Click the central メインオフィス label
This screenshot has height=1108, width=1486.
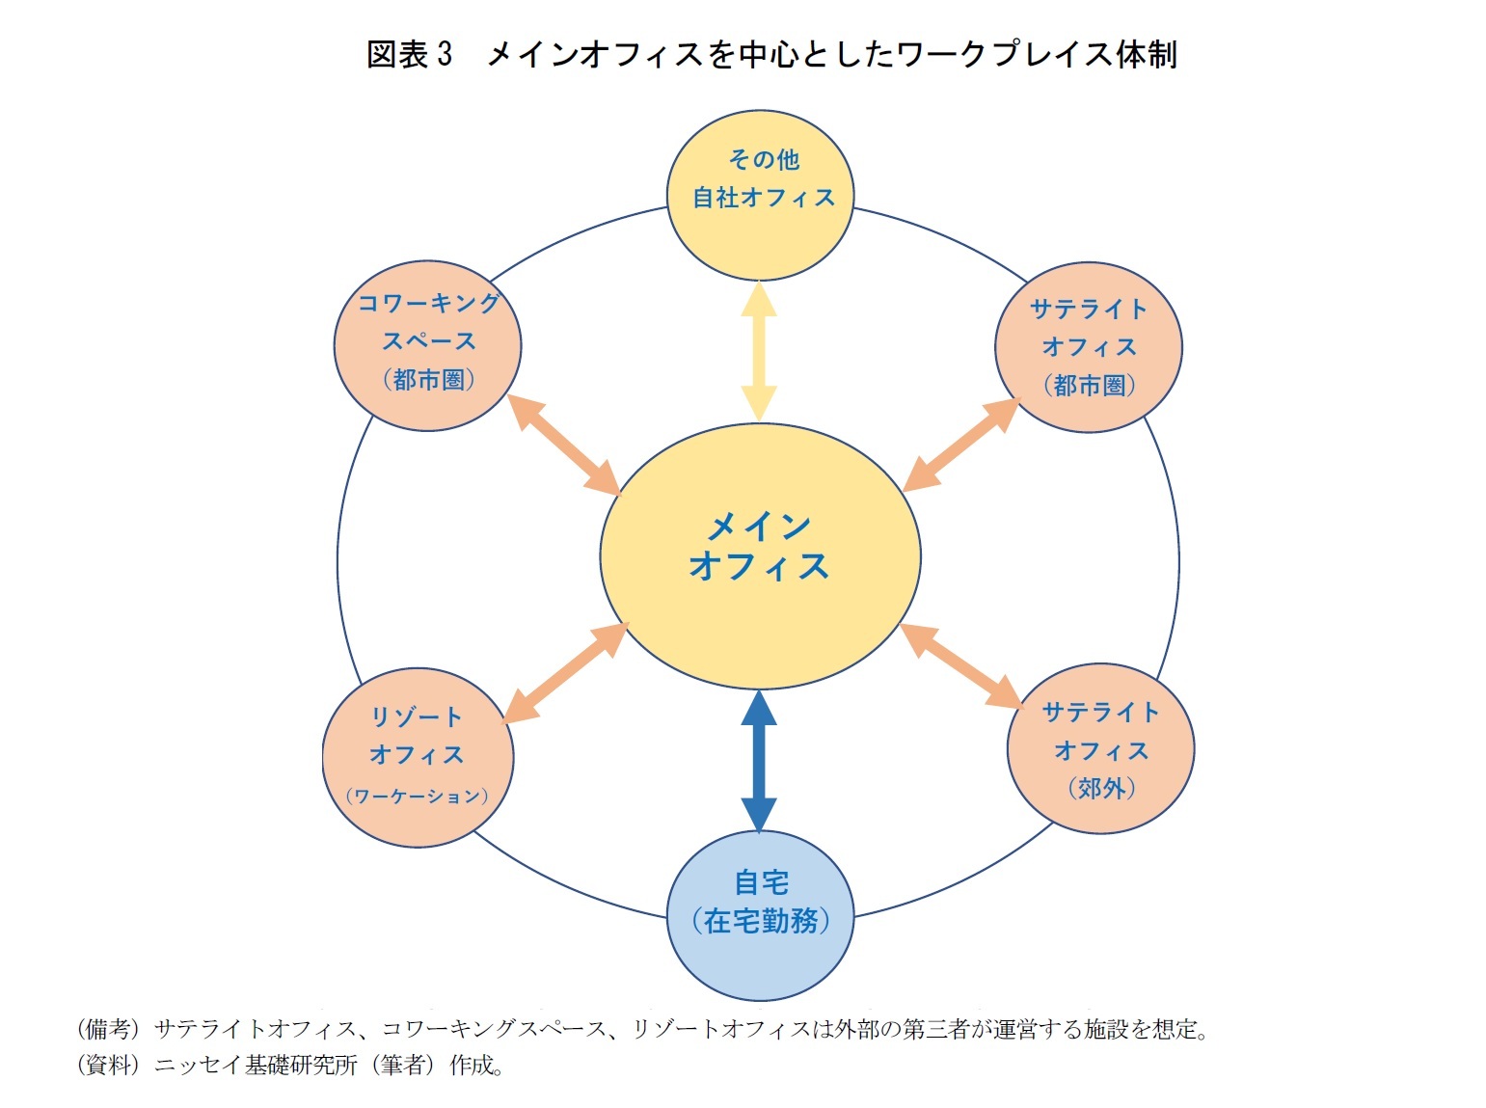coord(759,547)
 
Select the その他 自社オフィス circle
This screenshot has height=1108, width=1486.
coord(761,196)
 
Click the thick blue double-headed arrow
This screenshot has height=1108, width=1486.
coord(759,761)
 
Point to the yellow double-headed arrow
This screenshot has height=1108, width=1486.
coord(759,352)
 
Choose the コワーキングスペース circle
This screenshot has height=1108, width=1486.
coord(428,344)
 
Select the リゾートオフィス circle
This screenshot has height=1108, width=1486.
coord(418,757)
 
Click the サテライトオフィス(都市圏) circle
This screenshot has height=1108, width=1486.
coord(1089,346)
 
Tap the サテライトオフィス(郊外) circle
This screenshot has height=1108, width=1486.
coord(1100,748)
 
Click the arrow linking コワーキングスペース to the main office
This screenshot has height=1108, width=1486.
coord(563,444)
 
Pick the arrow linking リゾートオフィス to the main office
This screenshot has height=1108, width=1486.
coord(565,673)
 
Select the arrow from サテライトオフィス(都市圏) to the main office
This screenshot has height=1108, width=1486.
coord(961,445)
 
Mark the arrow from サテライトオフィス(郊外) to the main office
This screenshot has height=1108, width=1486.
coord(960,667)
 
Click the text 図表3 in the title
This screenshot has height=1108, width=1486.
coord(409,54)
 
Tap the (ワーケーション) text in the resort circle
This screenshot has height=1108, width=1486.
coord(417,797)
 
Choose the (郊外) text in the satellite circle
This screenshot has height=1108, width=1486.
coord(1100,788)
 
